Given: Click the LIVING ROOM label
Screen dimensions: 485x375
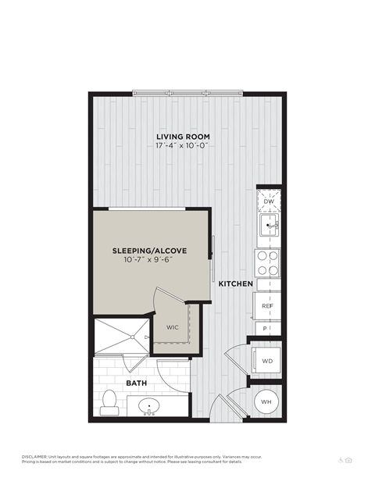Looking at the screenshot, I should (183, 136).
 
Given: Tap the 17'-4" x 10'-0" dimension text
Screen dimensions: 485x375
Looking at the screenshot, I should (183, 145).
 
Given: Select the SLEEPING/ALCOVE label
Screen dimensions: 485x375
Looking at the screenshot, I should (148, 251).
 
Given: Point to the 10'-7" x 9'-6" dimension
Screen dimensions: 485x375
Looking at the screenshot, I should (148, 260).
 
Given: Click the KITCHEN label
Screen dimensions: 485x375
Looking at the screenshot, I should (235, 284).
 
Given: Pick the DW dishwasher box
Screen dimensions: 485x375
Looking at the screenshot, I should (268, 202).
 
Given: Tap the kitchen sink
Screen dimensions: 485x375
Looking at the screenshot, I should (269, 227).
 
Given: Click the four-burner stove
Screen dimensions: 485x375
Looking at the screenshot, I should (268, 263).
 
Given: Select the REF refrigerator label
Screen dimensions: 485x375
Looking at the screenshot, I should (267, 305).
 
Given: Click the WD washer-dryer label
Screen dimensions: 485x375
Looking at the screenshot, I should (267, 361).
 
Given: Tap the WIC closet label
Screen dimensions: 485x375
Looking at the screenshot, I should (173, 327).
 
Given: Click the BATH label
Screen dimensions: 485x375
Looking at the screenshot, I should (136, 383).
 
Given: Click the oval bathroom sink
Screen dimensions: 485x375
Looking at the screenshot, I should (148, 406).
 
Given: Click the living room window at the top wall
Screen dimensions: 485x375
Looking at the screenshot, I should (187, 93).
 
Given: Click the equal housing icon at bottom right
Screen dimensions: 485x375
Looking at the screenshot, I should (349, 460).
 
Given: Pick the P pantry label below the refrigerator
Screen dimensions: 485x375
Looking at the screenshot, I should (266, 329).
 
